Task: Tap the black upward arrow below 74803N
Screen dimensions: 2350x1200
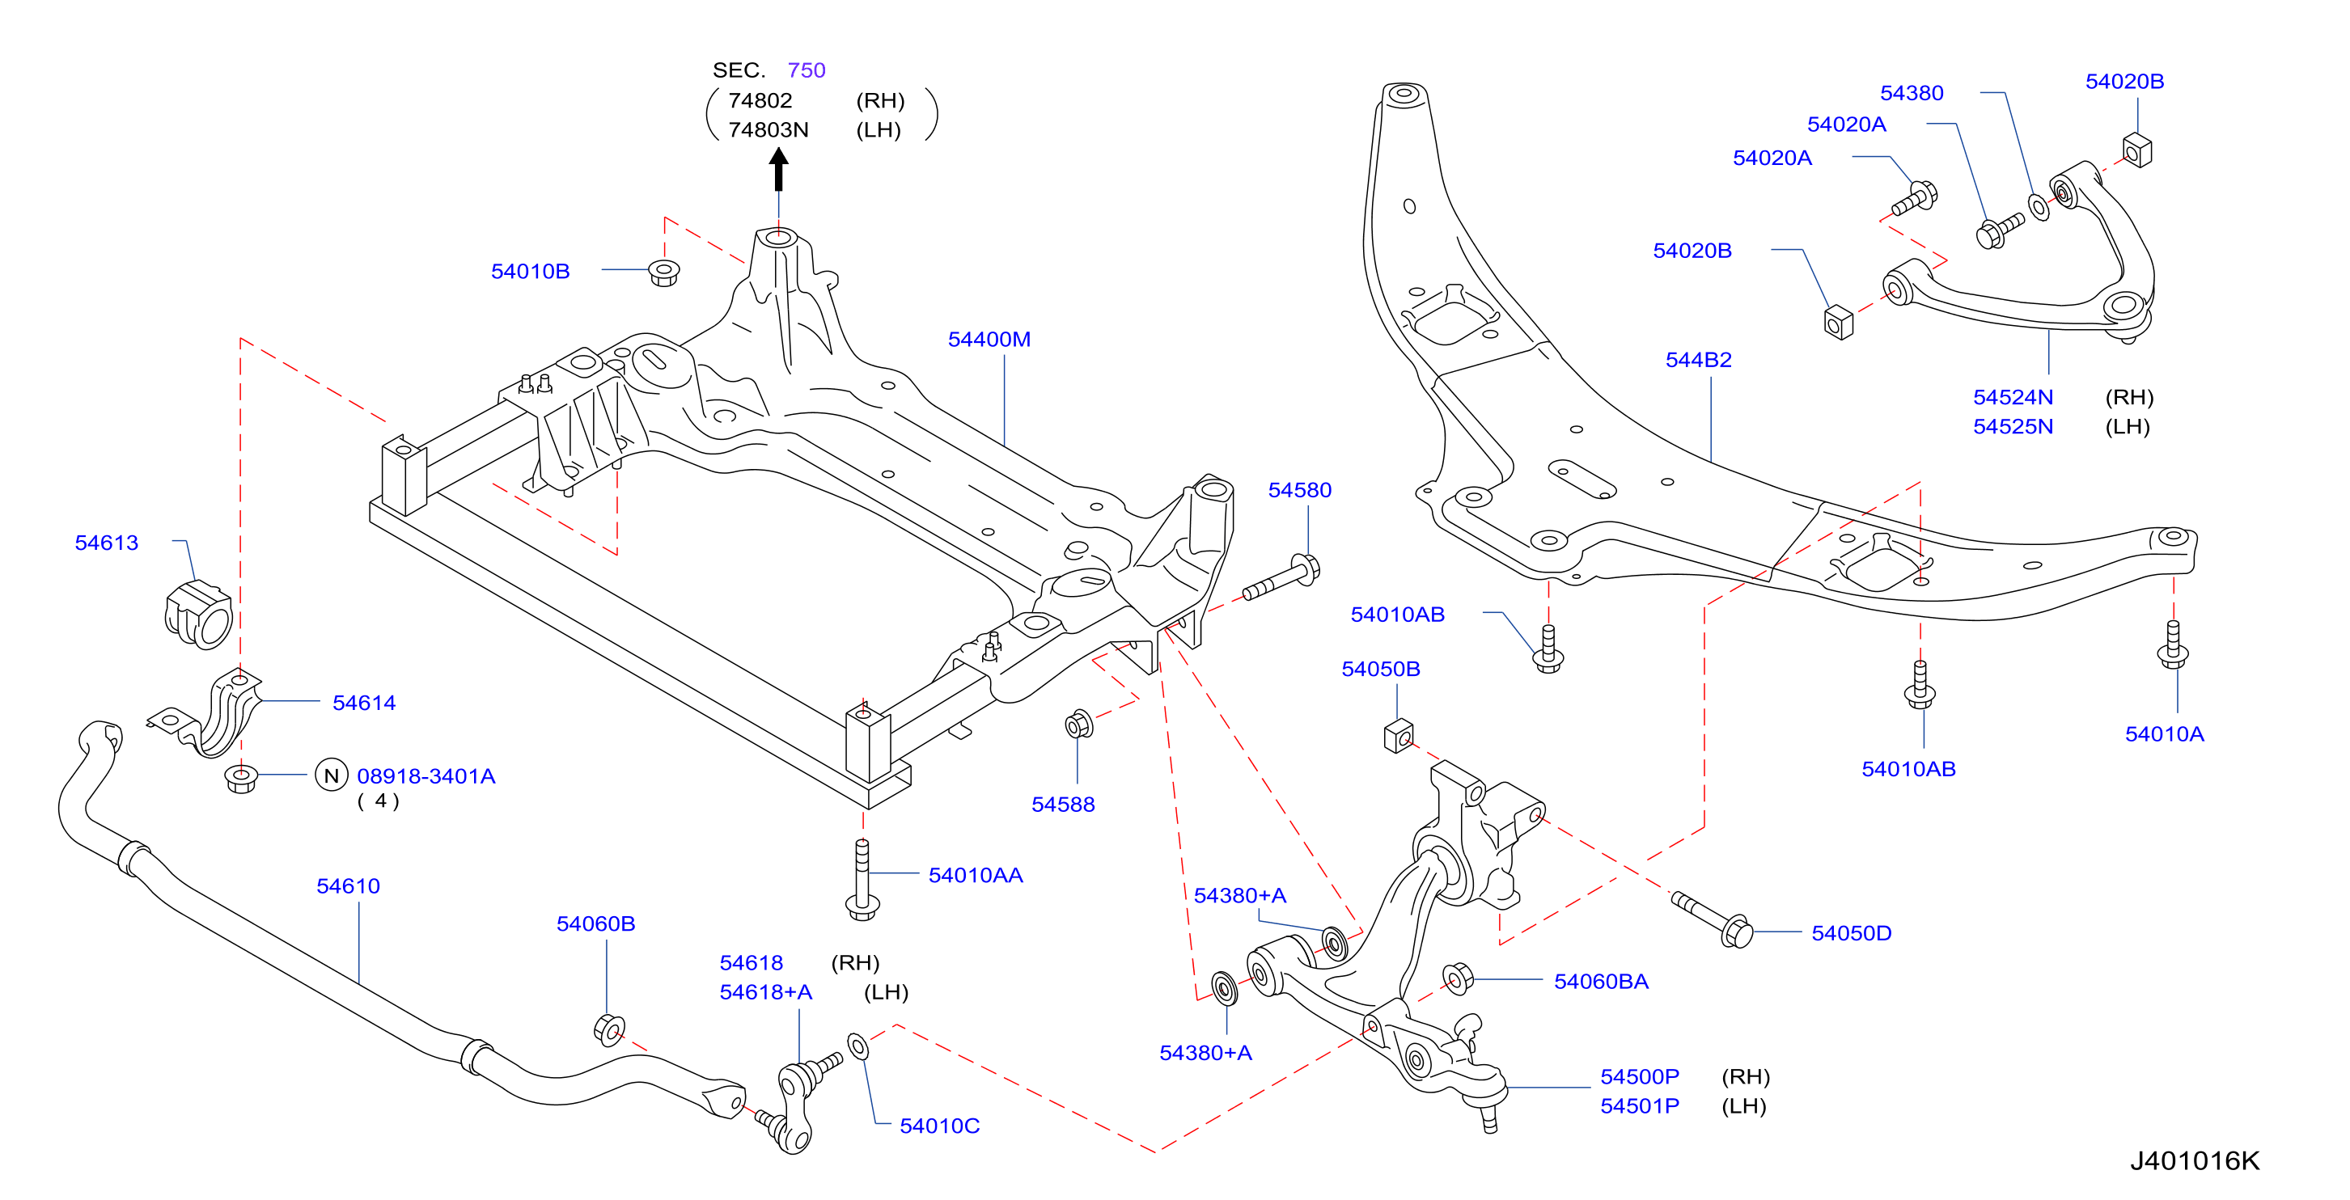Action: click(x=778, y=170)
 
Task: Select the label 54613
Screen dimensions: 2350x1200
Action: click(x=107, y=543)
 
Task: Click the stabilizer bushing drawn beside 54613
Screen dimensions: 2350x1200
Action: click(x=199, y=614)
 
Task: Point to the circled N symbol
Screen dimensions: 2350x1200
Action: click(x=331, y=775)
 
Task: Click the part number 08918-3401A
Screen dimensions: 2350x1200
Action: click(x=426, y=776)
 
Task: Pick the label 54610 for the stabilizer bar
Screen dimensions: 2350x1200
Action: click(x=348, y=885)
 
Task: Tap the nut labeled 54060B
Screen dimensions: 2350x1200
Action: click(x=608, y=1029)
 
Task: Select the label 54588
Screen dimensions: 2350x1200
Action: click(x=1063, y=805)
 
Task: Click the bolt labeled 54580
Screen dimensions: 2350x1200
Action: click(x=1281, y=578)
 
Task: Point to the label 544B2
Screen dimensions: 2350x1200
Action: click(x=1698, y=359)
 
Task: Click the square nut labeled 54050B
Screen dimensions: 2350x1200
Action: click(x=1399, y=736)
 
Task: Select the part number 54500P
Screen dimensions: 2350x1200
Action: click(x=1640, y=1076)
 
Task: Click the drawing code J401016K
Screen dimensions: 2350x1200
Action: click(x=2195, y=1161)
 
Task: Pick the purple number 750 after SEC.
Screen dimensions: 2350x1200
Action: click(x=807, y=70)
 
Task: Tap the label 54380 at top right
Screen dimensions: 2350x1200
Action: click(x=1912, y=93)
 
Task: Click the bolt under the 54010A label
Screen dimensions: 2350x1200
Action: click(x=2173, y=644)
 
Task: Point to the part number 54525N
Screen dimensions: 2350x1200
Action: click(x=2013, y=426)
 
